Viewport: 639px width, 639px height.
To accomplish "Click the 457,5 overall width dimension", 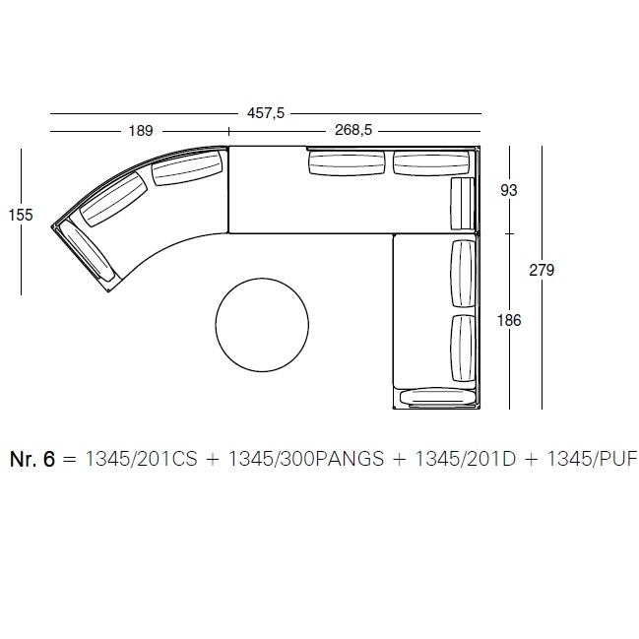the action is click(x=266, y=113).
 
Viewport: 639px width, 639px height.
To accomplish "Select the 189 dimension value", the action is click(x=141, y=131).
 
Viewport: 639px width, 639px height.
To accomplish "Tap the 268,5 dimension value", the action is click(x=353, y=130).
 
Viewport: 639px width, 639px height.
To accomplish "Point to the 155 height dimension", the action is click(x=21, y=215).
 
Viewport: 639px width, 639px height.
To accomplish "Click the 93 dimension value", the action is click(x=509, y=190).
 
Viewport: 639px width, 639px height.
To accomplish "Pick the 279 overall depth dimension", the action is click(x=542, y=270).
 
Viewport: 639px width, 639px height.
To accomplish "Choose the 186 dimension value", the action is click(x=509, y=320).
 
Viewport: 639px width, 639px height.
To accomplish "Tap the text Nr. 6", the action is click(x=32, y=459).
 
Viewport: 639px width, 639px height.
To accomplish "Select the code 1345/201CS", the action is click(x=141, y=459).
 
